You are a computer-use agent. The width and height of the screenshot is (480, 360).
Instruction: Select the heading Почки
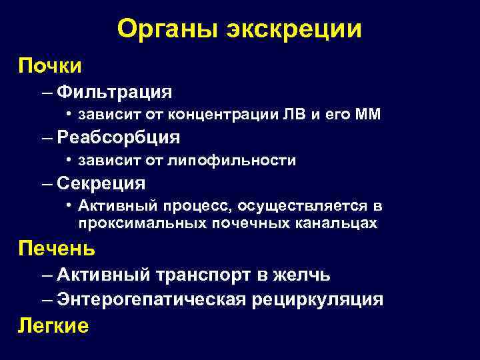(x=50, y=66)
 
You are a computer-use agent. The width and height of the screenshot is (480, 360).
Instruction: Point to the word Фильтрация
(x=115, y=91)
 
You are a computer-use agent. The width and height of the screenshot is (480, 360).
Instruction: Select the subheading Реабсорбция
(x=119, y=137)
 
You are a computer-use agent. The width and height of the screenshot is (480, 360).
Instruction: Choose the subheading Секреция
(x=101, y=183)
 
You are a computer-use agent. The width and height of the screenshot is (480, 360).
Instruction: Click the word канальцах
(x=337, y=223)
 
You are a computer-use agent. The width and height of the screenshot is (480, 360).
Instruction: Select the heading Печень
(x=57, y=249)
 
